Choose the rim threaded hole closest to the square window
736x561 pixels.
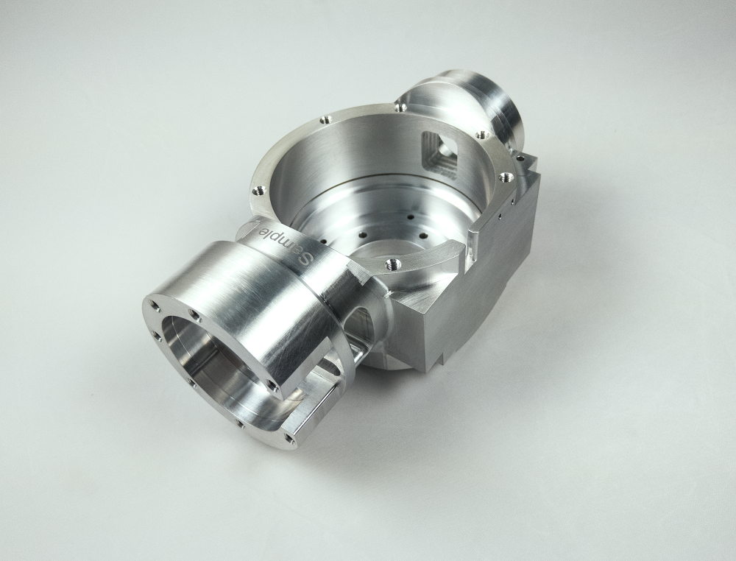[x=480, y=135]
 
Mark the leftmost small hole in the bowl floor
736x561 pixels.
[x=324, y=241]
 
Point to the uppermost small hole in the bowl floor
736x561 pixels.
[x=410, y=217]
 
